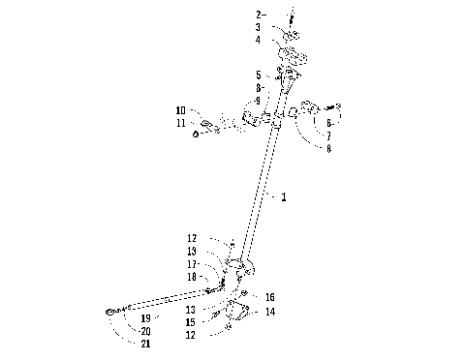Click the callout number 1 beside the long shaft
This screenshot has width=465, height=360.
[283, 196]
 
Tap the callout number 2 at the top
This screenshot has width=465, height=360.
[259, 15]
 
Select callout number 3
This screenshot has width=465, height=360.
[259, 28]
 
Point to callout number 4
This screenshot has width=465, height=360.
[259, 41]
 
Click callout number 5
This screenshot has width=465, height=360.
[258, 75]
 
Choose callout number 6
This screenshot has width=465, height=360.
[328, 124]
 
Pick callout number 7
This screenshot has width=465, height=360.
[328, 136]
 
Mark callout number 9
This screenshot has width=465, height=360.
[258, 101]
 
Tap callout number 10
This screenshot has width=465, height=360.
[180, 109]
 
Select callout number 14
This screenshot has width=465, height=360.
[270, 312]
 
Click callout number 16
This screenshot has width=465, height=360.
[270, 297]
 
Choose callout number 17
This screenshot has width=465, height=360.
[193, 263]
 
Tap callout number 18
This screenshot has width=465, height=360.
[193, 277]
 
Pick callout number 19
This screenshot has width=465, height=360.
[143, 317]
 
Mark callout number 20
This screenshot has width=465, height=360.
[143, 330]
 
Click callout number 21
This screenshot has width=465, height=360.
[143, 344]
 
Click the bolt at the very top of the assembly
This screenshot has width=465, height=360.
[290, 16]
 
